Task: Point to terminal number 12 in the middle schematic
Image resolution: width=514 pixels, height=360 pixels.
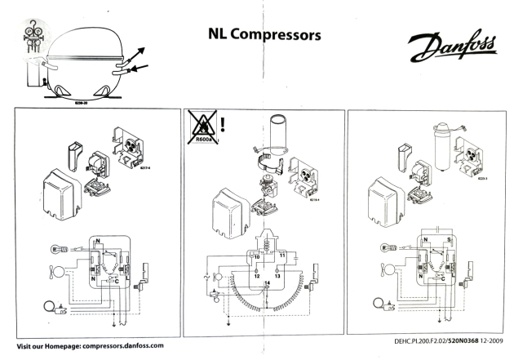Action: point(256,275)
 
